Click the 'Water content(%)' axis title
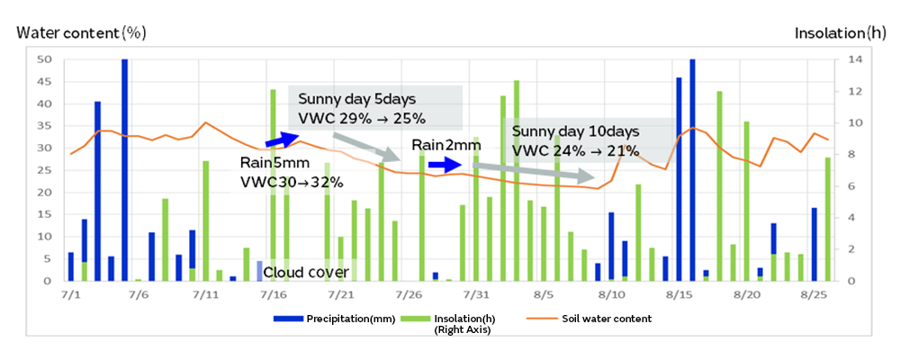point(81,33)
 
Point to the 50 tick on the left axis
point(46,59)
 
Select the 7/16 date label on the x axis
point(274,295)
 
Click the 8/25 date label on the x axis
point(814,295)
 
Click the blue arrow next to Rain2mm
point(444,165)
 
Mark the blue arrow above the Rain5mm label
point(280,139)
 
